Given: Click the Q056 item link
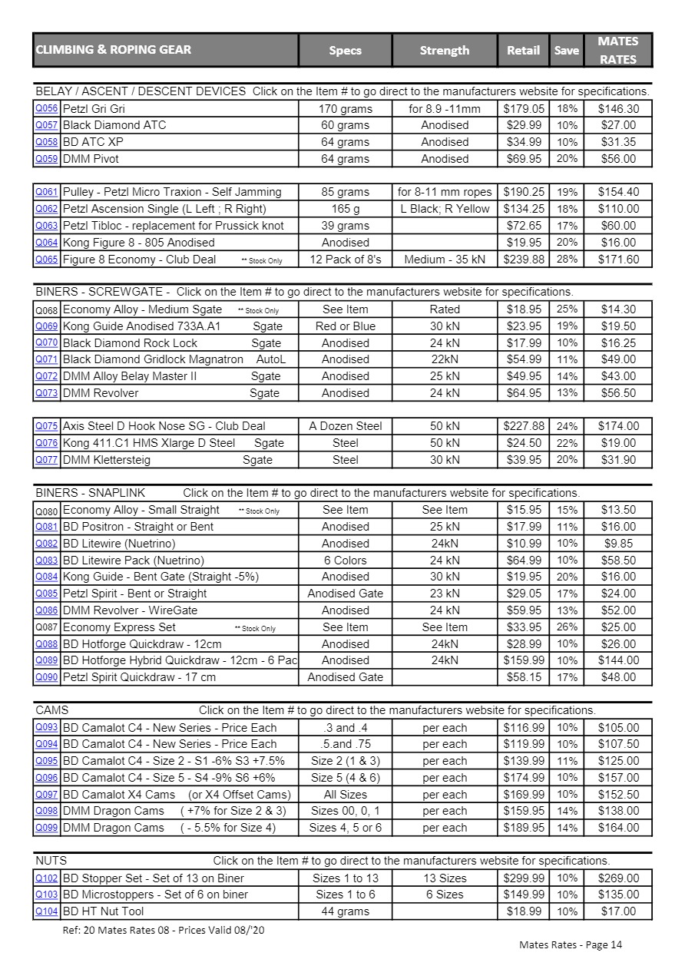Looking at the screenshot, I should (46, 108).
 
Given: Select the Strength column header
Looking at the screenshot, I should (445, 51).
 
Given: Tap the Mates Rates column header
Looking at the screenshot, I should (617, 50).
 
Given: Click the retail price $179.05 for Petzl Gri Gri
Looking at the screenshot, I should (524, 109).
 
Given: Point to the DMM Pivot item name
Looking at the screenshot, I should (91, 159).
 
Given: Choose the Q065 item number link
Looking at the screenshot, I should (46, 259).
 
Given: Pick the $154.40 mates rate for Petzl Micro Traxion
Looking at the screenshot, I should (618, 192).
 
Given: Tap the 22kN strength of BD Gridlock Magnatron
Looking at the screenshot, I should (445, 359).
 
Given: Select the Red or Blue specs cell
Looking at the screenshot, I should (345, 326).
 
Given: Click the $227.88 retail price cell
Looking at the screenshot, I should (524, 426).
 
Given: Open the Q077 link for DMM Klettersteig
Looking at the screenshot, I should (46, 459).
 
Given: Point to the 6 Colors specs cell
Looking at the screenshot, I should (345, 561).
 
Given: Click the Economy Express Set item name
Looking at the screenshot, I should (119, 627).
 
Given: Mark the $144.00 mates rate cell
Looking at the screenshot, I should (618, 660).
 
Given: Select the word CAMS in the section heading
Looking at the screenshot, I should (52, 710).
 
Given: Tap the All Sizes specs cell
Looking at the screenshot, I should (345, 795).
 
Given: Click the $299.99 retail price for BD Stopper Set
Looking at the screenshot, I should (524, 878).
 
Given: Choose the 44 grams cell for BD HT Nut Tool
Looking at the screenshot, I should (345, 911).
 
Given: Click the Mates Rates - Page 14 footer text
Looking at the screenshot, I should (571, 944).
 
